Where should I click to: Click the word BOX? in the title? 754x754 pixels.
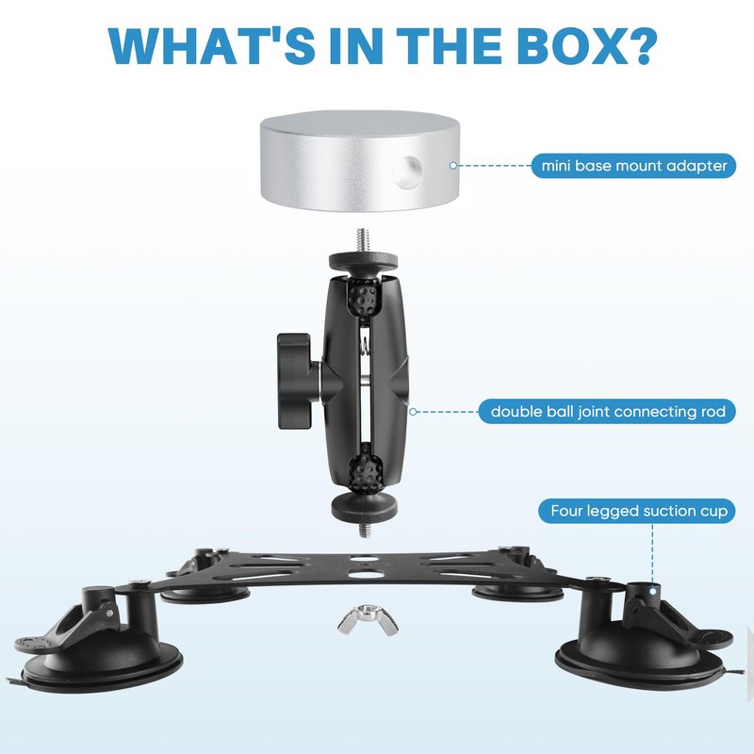point(586,46)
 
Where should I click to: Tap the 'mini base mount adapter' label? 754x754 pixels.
point(633,166)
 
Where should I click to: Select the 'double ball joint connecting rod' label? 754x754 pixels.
point(607,412)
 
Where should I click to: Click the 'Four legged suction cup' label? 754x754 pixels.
point(637,511)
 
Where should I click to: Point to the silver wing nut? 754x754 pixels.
point(368,620)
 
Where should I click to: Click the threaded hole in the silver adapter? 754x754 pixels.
point(407,172)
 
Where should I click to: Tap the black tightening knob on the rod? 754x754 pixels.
point(295,381)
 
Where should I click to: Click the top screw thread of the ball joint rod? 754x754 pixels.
point(363,240)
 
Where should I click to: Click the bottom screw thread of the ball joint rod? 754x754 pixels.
point(364,530)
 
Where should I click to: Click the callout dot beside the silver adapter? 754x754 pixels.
point(453,166)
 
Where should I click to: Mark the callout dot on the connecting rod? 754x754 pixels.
point(413,412)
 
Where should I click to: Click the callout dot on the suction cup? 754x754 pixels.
point(652,591)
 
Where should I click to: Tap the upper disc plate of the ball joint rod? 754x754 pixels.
point(364,262)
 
